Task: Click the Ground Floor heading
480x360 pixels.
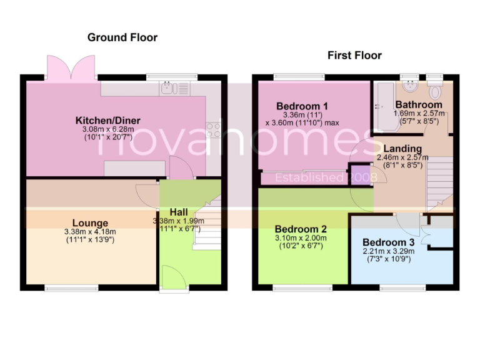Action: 122,37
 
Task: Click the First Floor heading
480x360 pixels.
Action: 354,56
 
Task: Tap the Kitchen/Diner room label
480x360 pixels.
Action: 107,120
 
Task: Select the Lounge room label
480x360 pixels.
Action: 90,223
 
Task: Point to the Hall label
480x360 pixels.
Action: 179,212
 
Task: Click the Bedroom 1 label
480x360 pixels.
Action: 302,106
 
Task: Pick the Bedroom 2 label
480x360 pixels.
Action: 301,229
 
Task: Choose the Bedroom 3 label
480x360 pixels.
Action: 388,242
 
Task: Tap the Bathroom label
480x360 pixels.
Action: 418,104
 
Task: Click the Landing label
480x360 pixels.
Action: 402,149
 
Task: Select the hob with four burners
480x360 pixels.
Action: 213,129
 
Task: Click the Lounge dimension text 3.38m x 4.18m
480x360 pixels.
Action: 90,232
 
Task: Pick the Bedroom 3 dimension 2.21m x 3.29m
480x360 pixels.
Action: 388,251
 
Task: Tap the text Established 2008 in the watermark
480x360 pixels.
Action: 327,177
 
